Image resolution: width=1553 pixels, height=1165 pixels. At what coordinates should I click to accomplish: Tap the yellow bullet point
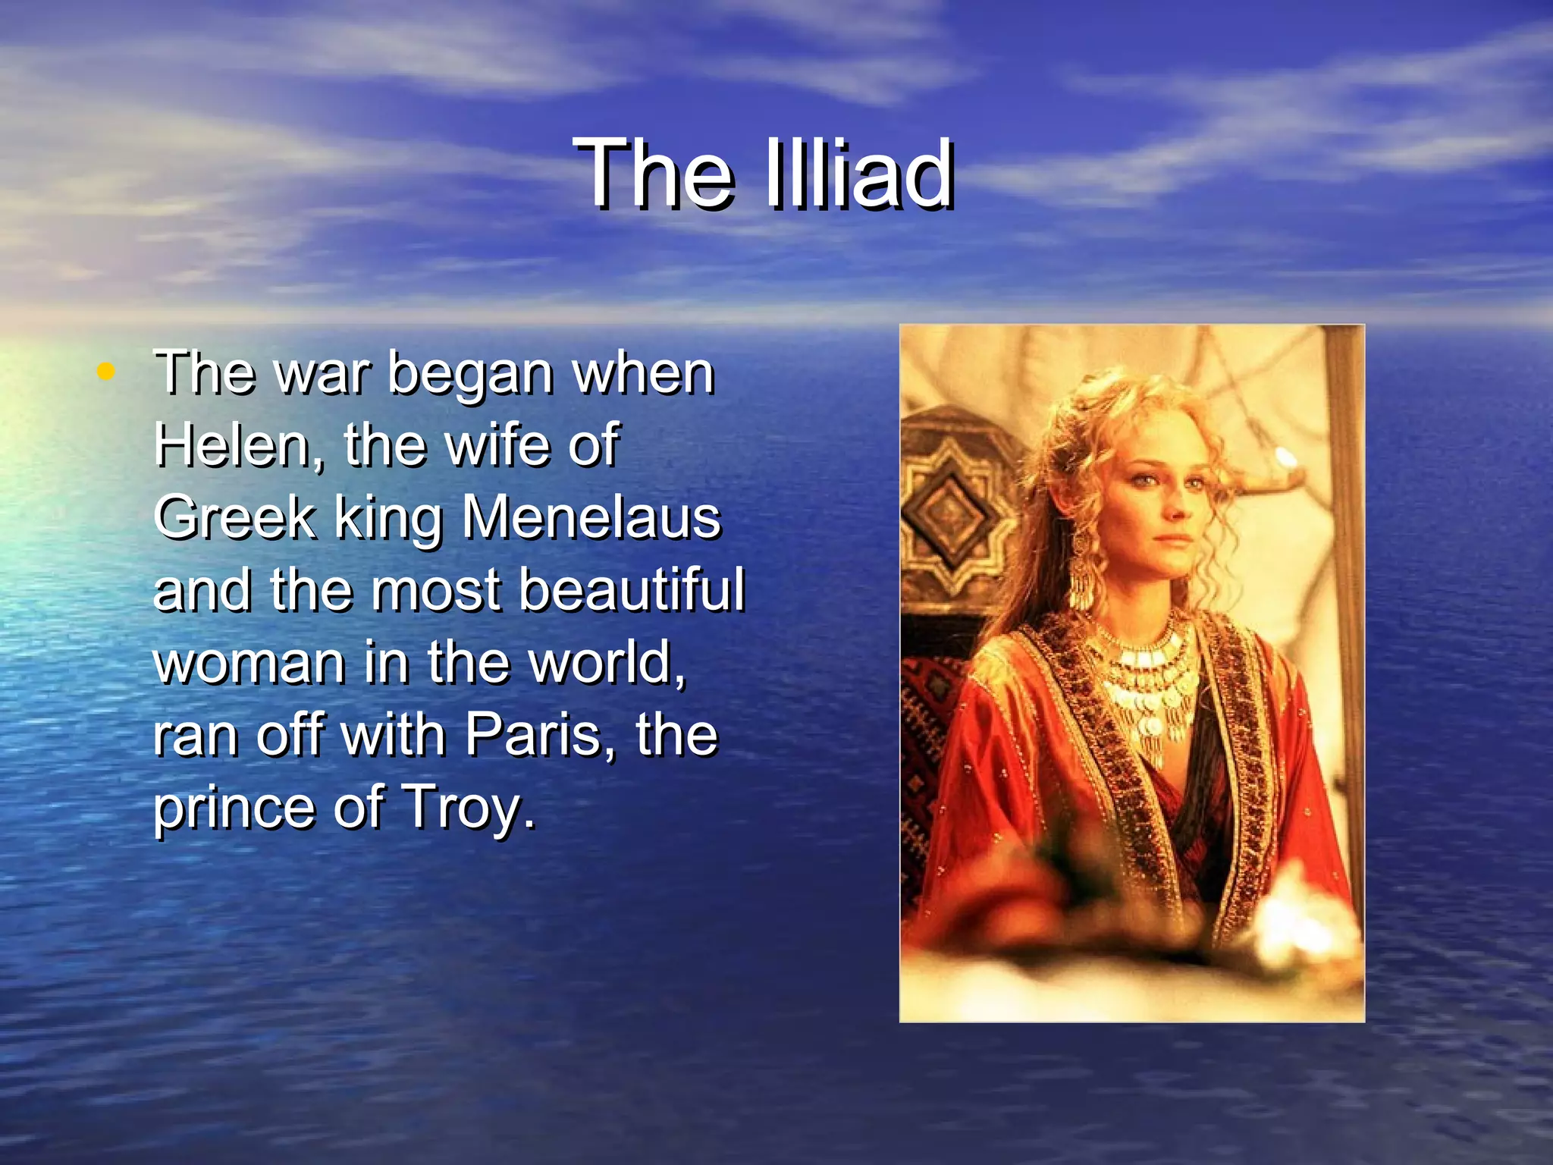(106, 372)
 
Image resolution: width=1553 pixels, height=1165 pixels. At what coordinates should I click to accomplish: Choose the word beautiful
(632, 589)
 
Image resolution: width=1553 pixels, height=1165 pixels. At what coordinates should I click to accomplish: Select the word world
(607, 663)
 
